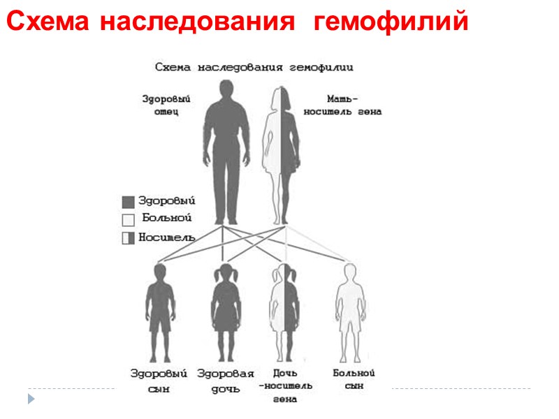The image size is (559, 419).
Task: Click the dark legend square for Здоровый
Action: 128,202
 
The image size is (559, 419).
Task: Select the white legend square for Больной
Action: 128,220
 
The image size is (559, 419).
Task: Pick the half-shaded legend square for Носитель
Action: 128,238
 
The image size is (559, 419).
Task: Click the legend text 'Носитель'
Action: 166,237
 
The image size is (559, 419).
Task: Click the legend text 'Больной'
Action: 166,219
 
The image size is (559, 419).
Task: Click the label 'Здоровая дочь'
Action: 225,381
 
